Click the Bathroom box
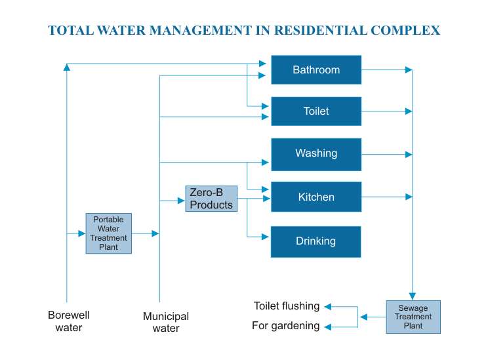316,70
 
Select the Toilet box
316,111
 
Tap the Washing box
316,154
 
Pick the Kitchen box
316,197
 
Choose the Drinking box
316,242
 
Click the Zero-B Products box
211,199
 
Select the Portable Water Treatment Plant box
109,233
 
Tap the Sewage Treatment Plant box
413,317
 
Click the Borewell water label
69,321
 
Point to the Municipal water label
166,322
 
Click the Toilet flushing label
287,306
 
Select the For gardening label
286,326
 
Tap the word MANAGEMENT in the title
201,31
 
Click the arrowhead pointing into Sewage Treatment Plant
413,296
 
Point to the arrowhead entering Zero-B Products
181,201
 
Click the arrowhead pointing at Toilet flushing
328,306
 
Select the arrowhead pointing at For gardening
328,327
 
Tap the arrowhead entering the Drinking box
265,237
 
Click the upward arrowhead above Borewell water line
67,67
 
